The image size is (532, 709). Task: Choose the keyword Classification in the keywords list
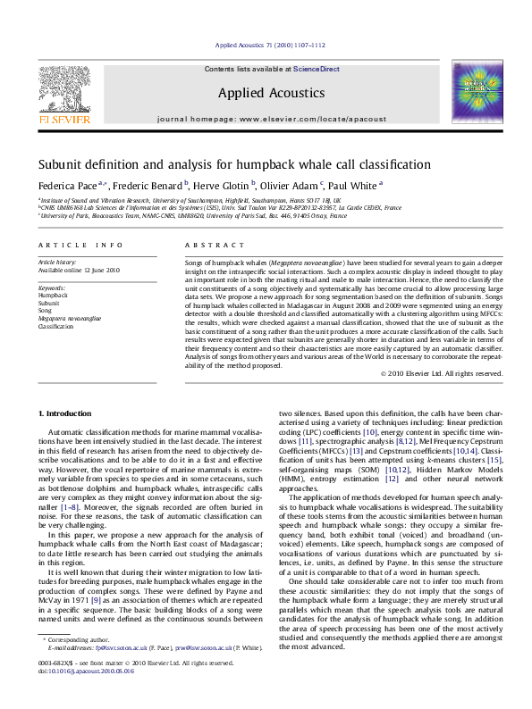pos(55,326)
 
